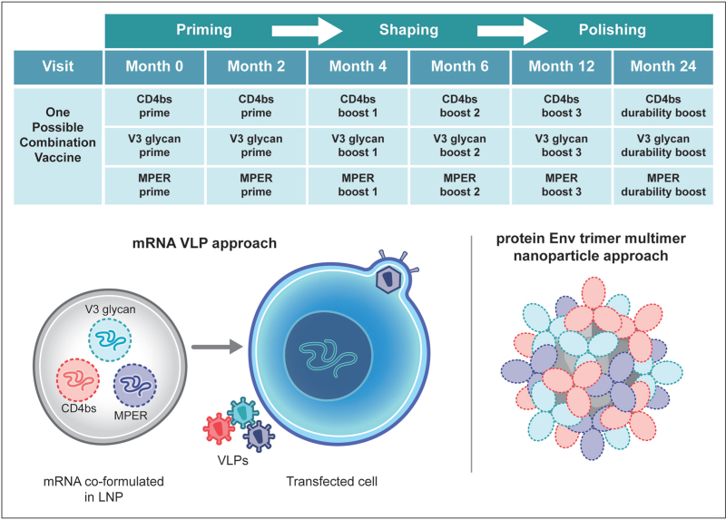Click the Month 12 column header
click(x=561, y=66)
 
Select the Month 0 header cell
click(x=154, y=66)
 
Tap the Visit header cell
click(x=58, y=66)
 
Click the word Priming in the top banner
click(x=203, y=30)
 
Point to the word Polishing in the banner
click(x=612, y=30)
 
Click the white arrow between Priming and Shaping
click(x=307, y=31)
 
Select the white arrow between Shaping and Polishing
click(x=512, y=31)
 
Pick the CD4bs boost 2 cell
click(x=460, y=106)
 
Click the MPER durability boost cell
click(x=663, y=185)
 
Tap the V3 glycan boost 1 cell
click(x=358, y=145)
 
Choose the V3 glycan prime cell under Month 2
click(x=256, y=145)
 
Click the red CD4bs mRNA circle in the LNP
click(x=78, y=380)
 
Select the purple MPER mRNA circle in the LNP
click(x=134, y=386)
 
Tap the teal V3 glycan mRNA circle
click(x=110, y=340)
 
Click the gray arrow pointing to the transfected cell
click(x=217, y=347)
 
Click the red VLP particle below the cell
click(x=219, y=428)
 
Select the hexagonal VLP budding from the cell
click(x=388, y=280)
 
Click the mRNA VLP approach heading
click(x=204, y=243)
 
